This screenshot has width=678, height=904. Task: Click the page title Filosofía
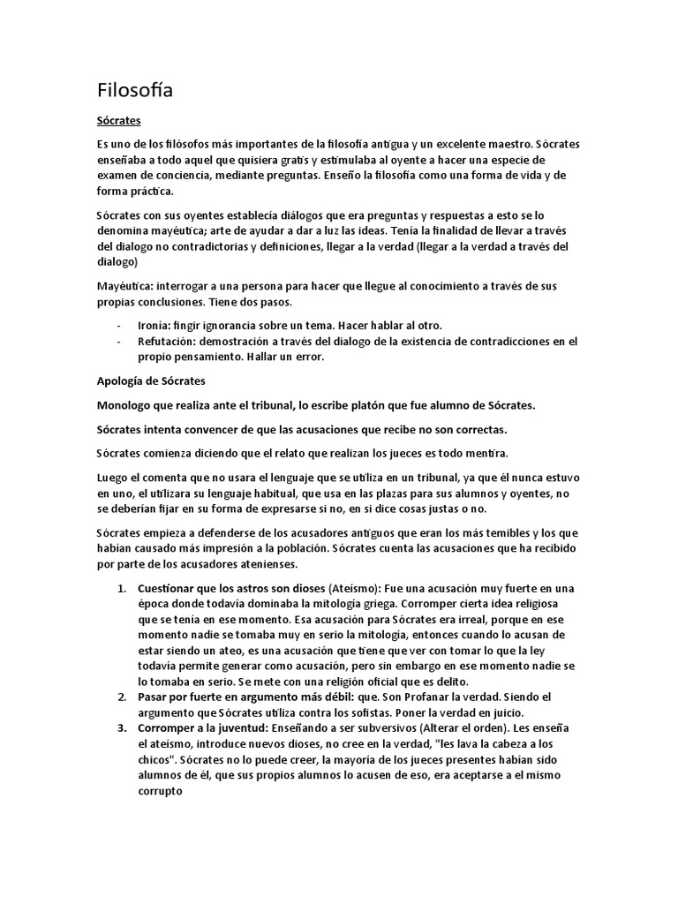[x=134, y=90]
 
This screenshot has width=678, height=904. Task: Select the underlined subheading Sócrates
[x=119, y=120]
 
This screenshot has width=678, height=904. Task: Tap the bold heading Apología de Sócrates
[x=150, y=380]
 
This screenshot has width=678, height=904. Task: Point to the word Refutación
[x=167, y=341]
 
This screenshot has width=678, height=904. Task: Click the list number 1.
[x=121, y=588]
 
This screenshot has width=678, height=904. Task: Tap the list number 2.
[x=121, y=697]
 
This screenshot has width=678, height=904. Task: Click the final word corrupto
[x=160, y=791]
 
